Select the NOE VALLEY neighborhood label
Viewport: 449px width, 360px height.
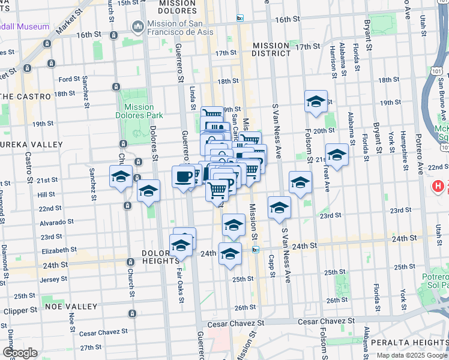pos(71,306)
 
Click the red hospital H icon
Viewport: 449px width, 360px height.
pos(439,187)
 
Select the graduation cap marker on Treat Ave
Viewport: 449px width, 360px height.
pos(337,155)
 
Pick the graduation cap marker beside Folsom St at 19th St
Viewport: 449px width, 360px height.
pos(315,103)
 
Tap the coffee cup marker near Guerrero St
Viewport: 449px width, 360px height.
pos(184,176)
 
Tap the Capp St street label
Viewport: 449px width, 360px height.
pos(272,263)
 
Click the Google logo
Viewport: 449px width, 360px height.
pos(20,353)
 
